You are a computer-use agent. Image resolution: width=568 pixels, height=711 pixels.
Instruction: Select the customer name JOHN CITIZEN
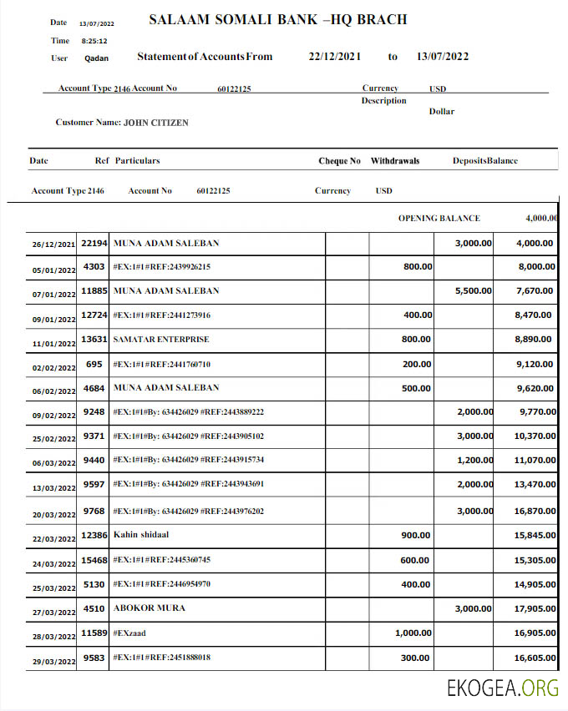click(x=155, y=123)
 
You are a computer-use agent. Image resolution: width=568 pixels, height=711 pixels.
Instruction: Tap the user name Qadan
click(x=96, y=58)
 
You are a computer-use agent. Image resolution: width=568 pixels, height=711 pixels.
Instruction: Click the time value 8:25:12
click(x=94, y=40)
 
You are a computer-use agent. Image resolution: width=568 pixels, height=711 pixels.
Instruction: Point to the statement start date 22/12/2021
click(x=334, y=57)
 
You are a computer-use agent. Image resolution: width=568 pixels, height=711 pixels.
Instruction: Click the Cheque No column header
click(x=339, y=161)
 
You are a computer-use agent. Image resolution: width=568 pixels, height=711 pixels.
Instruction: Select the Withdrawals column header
click(x=394, y=161)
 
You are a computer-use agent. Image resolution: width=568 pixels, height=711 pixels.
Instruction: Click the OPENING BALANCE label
click(x=439, y=219)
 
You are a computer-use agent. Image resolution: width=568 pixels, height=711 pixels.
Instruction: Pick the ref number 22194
click(x=94, y=244)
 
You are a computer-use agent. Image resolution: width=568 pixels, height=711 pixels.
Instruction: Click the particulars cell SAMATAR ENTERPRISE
click(x=160, y=340)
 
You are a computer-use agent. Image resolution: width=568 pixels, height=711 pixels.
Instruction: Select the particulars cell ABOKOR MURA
click(x=149, y=608)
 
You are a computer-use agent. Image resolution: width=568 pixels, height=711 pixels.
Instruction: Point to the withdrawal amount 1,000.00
click(x=413, y=633)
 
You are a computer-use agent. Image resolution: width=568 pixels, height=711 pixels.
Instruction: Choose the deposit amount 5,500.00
click(x=473, y=291)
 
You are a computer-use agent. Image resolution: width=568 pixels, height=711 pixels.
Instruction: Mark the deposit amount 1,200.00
click(x=474, y=461)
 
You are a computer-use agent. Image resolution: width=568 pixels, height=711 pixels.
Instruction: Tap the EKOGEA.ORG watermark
click(x=503, y=688)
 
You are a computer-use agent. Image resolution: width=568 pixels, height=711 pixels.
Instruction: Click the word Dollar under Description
click(x=442, y=112)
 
